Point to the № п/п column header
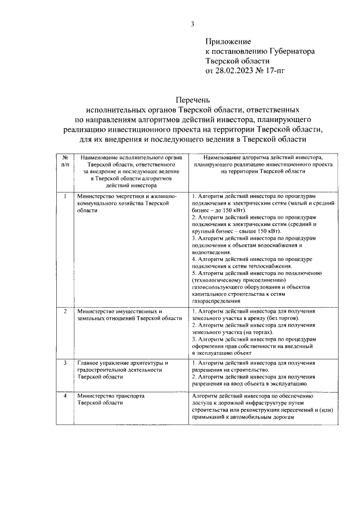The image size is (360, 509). coord(65,163)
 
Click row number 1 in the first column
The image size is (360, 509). coord(65,196)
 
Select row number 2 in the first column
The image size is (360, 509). coord(65,311)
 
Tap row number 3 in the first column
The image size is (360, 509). coord(65,363)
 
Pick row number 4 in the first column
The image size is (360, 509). coord(65,396)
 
